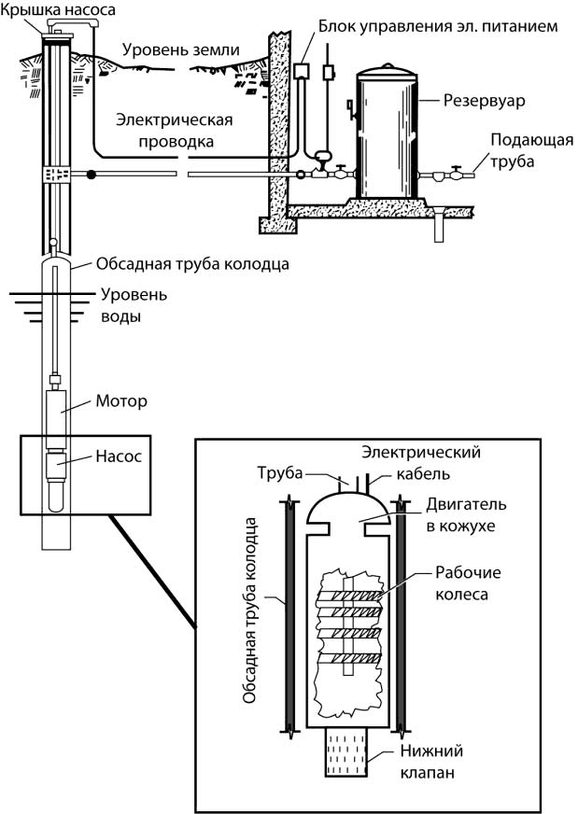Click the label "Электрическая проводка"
(164, 131)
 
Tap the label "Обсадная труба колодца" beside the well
(192, 263)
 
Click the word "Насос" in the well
(118, 459)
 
